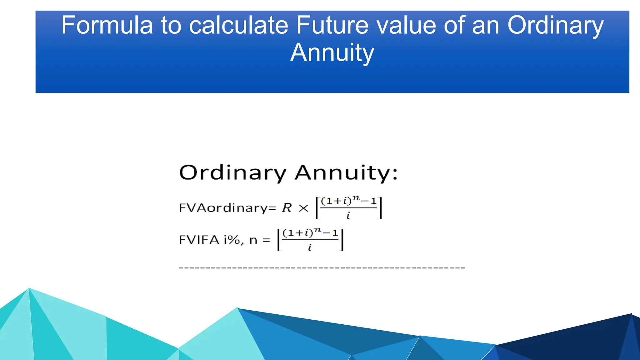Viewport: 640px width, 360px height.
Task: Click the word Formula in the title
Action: click(x=107, y=25)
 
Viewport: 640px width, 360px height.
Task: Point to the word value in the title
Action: click(x=406, y=25)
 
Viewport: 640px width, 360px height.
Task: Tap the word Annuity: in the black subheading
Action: click(x=346, y=173)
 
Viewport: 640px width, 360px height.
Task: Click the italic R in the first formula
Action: click(x=287, y=208)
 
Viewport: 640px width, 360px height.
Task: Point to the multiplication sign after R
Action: click(x=303, y=208)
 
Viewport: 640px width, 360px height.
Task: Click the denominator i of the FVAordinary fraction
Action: click(x=348, y=215)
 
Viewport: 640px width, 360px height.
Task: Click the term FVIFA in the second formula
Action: click(x=199, y=240)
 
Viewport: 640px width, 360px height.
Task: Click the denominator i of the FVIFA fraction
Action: click(x=310, y=247)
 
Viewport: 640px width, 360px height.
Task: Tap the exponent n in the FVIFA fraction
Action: click(x=317, y=230)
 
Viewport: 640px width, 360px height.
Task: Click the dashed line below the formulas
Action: click(x=322, y=268)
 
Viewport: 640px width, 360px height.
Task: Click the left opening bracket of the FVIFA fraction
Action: click(x=279, y=240)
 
